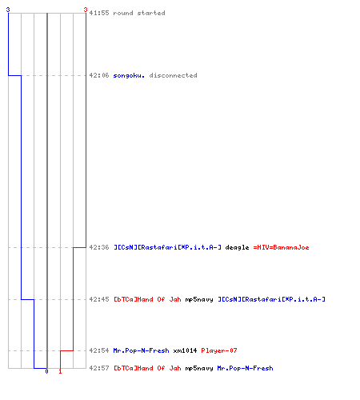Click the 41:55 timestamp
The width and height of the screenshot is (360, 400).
pos(99,13)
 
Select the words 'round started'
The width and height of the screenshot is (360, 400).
pos(139,13)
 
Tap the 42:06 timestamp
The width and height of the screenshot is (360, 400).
pos(99,75)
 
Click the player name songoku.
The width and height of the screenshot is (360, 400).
pos(129,75)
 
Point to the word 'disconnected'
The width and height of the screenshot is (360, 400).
pos(173,75)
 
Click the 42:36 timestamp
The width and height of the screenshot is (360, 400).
pos(99,247)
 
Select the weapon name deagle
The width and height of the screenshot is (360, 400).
pos(237,248)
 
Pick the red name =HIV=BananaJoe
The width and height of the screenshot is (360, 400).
pos(281,247)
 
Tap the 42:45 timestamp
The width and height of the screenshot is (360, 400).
pos(99,299)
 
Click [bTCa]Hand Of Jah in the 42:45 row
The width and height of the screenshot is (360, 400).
pos(147,299)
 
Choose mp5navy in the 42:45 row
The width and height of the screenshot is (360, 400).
pos(199,300)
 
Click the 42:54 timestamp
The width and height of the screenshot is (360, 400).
pos(99,350)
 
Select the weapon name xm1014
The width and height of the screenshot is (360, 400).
pos(185,350)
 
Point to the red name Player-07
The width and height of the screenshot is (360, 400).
pos(219,350)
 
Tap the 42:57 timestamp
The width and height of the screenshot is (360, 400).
pos(99,368)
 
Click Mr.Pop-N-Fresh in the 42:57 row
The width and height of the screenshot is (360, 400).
pos(245,368)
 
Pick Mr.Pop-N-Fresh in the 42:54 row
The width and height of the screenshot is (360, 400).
pos(141,350)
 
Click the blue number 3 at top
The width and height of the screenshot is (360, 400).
pos(8,10)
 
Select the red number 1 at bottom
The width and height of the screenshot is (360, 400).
pos(60,371)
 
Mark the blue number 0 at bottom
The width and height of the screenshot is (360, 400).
pos(46,371)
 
